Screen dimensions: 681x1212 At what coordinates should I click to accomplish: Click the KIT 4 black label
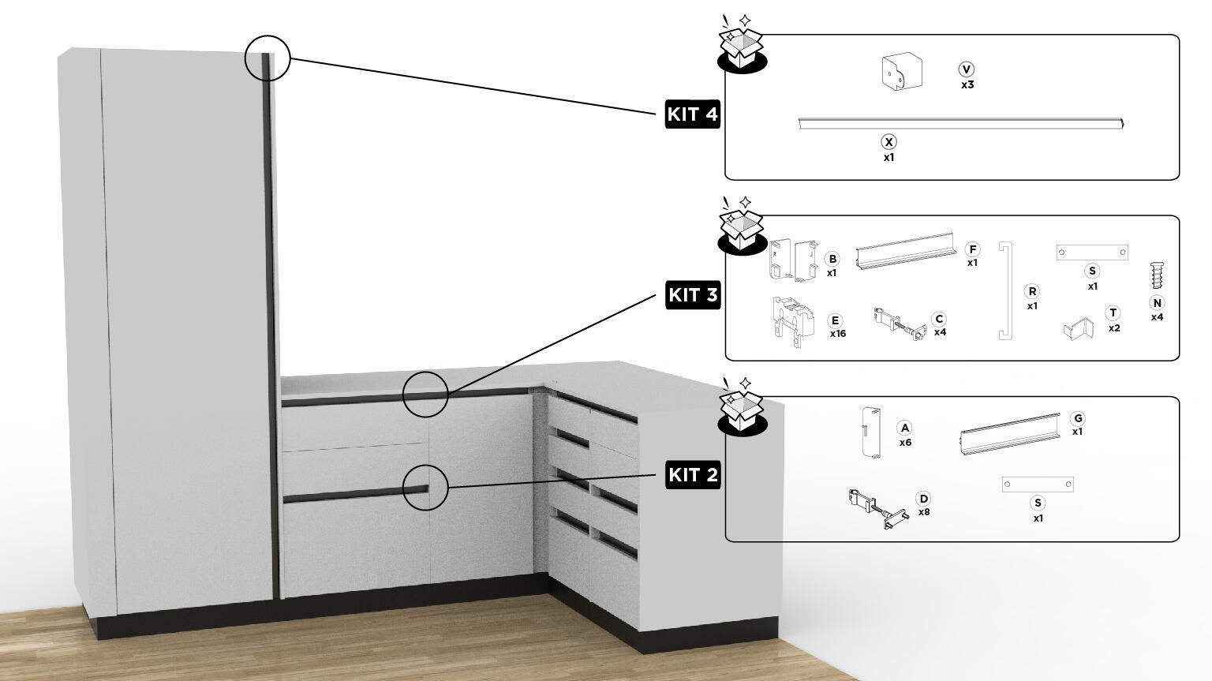coord(692,114)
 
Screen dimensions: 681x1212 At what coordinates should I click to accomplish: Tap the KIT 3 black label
coord(693,294)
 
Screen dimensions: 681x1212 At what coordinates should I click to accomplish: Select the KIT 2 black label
coord(693,474)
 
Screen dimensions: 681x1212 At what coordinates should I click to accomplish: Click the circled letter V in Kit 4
coord(967,69)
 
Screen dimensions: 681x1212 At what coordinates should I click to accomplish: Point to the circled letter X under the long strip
coord(888,142)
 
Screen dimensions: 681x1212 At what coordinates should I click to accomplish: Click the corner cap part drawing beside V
coord(901,72)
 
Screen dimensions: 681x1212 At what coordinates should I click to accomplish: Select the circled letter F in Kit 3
coord(972,249)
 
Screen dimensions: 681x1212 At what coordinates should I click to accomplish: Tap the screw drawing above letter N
coord(1157,275)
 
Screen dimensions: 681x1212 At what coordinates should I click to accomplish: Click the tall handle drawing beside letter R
coord(1005,290)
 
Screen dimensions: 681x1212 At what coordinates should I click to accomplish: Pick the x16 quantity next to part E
coord(837,334)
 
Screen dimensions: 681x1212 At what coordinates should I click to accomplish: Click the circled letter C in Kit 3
coord(939,319)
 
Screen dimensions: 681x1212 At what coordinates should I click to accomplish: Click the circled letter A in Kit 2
coord(905,428)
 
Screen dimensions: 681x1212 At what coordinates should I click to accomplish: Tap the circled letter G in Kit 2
coord(1077,418)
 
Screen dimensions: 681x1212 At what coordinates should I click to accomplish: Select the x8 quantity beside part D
coord(924,512)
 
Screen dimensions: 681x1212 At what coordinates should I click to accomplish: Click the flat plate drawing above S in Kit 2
coord(1037,485)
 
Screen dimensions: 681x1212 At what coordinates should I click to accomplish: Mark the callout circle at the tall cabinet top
coord(267,58)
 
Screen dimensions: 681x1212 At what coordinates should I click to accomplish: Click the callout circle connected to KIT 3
coord(425,394)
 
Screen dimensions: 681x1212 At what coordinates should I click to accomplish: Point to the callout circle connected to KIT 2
coord(425,487)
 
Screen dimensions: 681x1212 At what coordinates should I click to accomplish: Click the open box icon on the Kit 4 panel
coord(742,46)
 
